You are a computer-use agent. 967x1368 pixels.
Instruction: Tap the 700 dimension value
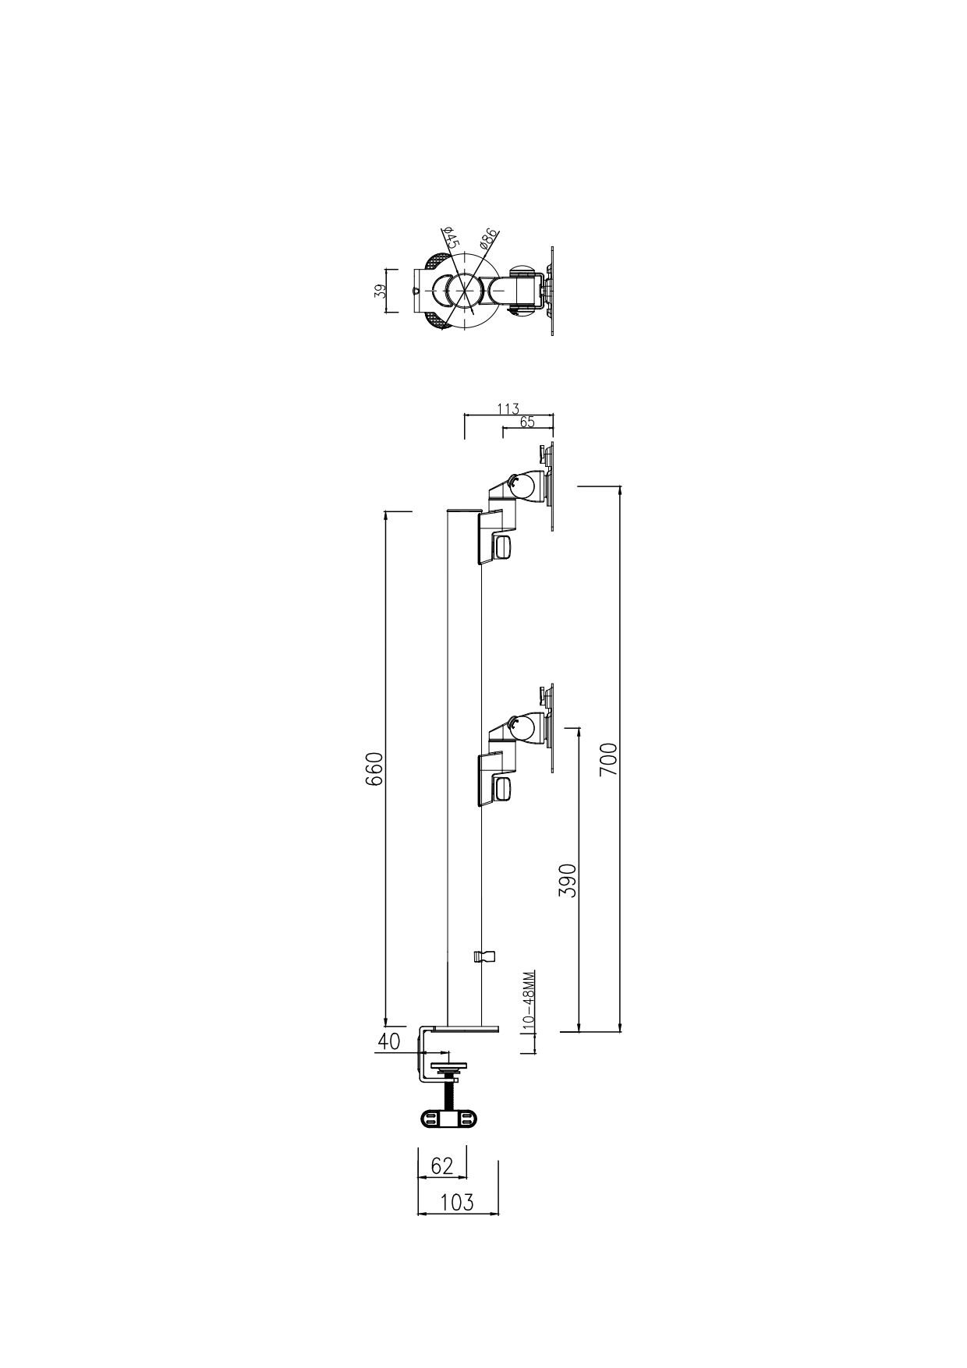point(608,759)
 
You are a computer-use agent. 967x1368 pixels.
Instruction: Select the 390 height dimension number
point(568,881)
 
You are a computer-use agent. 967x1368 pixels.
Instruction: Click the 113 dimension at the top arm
point(508,408)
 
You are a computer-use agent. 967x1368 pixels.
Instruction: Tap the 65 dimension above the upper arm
point(526,422)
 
